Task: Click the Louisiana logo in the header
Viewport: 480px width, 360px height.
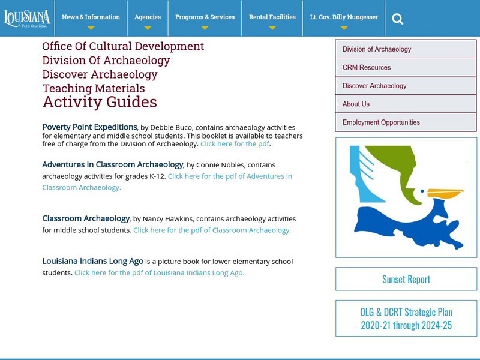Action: click(x=27, y=17)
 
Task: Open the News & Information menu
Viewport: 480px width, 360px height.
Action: click(x=91, y=17)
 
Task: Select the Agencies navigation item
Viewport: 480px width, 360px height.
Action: click(x=147, y=17)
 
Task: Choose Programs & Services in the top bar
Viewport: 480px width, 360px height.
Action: click(x=205, y=17)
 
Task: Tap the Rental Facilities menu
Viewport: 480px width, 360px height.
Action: click(x=272, y=17)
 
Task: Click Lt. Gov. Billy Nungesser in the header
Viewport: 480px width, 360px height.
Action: click(x=344, y=17)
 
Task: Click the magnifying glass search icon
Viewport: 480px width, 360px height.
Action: click(x=397, y=19)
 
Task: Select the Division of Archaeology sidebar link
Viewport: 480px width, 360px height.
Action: click(x=377, y=49)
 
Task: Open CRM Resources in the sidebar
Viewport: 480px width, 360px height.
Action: click(x=367, y=68)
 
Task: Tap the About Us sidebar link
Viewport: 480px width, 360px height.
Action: click(x=356, y=104)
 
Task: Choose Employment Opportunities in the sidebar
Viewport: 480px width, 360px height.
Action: click(x=381, y=122)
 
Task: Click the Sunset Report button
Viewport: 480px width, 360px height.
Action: click(x=406, y=279)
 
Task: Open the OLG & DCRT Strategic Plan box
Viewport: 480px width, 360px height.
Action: click(x=406, y=319)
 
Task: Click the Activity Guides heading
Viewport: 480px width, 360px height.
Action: click(x=100, y=103)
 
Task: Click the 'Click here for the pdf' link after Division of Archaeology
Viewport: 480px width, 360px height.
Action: click(x=235, y=144)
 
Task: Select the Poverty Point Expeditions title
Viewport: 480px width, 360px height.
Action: click(x=89, y=127)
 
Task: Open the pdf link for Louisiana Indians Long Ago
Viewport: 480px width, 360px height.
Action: click(x=159, y=272)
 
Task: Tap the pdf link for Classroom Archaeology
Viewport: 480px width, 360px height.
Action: click(x=212, y=230)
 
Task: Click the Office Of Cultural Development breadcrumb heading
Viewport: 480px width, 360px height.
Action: click(x=123, y=46)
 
